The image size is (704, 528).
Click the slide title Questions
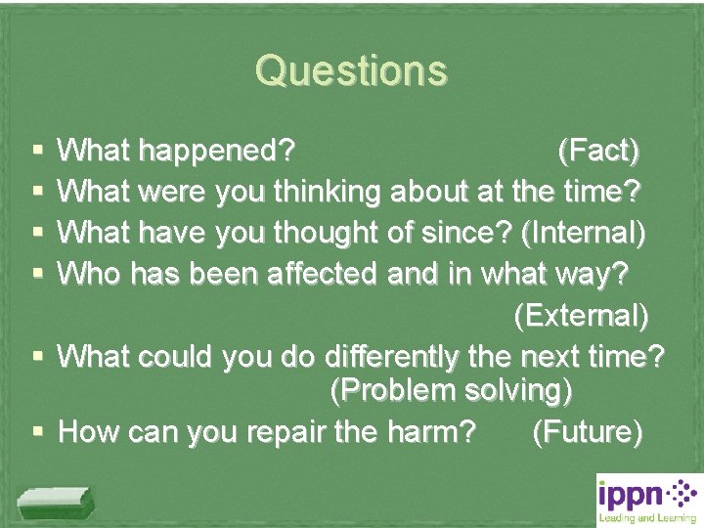[351, 70]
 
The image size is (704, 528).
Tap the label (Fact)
[598, 152]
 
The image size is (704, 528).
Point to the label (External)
[580, 316]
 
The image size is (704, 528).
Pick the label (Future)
[587, 431]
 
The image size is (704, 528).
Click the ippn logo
[648, 499]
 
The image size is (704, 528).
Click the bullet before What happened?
[37, 153]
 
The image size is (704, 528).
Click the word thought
[332, 234]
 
